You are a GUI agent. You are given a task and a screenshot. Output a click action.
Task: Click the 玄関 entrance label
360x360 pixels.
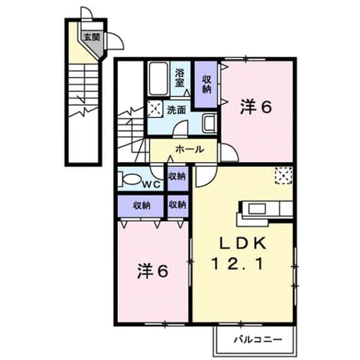tap(91, 37)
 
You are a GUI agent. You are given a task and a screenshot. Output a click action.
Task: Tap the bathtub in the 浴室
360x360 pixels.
tap(158, 79)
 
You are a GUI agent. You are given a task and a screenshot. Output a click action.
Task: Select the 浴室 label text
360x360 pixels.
tap(180, 78)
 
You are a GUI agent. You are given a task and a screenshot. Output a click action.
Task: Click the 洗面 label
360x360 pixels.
tap(176, 110)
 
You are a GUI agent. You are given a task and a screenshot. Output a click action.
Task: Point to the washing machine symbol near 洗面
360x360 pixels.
tap(155, 109)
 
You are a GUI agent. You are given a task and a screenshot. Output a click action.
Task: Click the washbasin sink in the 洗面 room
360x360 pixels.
tap(209, 123)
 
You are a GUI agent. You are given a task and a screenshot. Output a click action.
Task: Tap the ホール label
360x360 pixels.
tap(189, 150)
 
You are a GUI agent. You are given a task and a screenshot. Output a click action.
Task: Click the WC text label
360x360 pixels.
tap(151, 184)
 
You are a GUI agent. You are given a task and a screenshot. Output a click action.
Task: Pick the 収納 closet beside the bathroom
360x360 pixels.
tap(206, 84)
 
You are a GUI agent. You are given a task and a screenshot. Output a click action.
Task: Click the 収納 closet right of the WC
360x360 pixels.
tap(177, 178)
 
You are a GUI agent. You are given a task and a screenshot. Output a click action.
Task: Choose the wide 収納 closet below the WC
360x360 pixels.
tap(141, 206)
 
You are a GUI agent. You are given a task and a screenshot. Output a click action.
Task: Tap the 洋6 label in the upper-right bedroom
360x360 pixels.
tap(256, 107)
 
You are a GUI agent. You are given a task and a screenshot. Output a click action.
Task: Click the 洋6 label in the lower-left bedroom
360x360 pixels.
tap(153, 271)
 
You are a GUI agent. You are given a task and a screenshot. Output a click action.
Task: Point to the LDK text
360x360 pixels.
tap(243, 243)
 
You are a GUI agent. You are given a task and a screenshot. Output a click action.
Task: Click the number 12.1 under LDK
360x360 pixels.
tap(237, 263)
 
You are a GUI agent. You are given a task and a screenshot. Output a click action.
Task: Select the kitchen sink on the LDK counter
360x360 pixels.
tap(257, 209)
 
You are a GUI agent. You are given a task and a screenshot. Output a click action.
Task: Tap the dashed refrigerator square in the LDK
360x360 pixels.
tap(284, 175)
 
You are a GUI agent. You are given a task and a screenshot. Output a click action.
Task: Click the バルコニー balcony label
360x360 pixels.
tap(258, 339)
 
